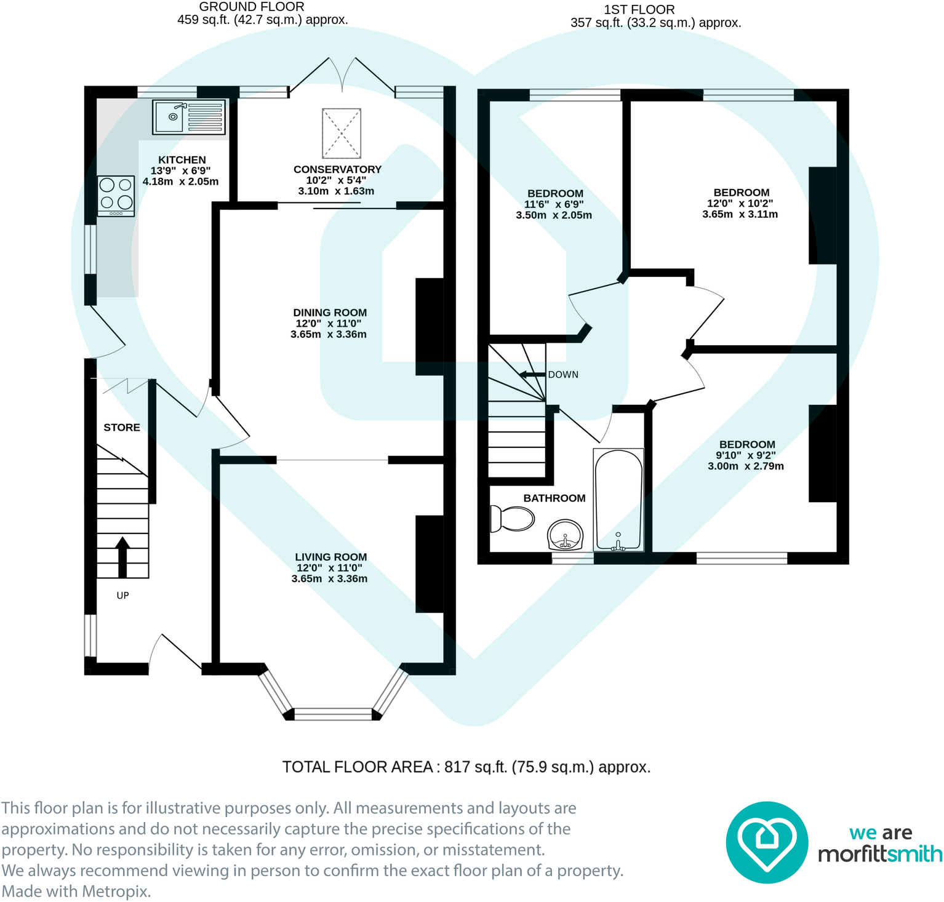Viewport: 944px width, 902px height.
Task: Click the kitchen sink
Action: pyautogui.click(x=189, y=117)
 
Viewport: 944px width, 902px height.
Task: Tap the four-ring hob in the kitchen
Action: pyautogui.click(x=116, y=196)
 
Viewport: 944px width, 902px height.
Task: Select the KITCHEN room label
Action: pyautogui.click(x=182, y=160)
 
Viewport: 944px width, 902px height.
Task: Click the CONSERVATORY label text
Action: pyautogui.click(x=337, y=169)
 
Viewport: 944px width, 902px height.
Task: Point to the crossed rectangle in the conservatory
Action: pyautogui.click(x=342, y=134)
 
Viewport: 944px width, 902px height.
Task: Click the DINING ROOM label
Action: pyautogui.click(x=330, y=313)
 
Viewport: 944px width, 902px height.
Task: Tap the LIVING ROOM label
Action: pyautogui.click(x=331, y=557)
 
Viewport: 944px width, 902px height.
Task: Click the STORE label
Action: pyautogui.click(x=122, y=428)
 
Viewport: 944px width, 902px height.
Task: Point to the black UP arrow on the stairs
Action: pyautogui.click(x=122, y=557)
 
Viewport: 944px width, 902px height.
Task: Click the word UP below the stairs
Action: pyautogui.click(x=123, y=596)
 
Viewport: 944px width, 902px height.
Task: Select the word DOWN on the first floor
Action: pyautogui.click(x=563, y=375)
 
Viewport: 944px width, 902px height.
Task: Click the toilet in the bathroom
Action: pyautogui.click(x=512, y=519)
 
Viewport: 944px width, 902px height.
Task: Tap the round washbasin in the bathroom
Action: pyautogui.click(x=565, y=535)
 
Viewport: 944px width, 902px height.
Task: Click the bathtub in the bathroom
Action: pyautogui.click(x=618, y=500)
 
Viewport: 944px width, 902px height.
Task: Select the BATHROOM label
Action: pyautogui.click(x=554, y=498)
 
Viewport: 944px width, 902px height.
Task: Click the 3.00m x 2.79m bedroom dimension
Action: pyautogui.click(x=746, y=466)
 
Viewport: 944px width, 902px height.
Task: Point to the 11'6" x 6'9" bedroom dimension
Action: pyautogui.click(x=554, y=204)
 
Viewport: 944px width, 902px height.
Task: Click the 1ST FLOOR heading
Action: pyautogui.click(x=639, y=10)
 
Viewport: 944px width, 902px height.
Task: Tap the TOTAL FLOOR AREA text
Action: pyautogui.click(x=358, y=767)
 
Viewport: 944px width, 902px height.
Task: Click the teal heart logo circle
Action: pyautogui.click(x=767, y=842)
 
